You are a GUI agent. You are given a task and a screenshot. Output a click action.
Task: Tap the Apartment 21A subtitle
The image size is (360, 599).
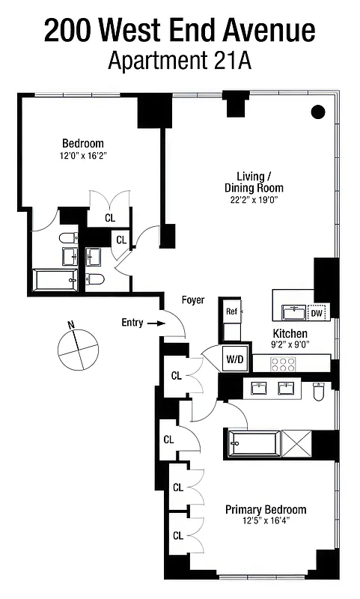[x=180, y=61]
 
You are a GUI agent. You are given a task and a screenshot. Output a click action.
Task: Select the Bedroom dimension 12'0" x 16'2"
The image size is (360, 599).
[x=82, y=156]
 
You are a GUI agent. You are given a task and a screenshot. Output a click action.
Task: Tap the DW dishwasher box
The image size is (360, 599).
[x=319, y=312]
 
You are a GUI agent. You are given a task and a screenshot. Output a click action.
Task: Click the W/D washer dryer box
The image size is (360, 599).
[x=234, y=359]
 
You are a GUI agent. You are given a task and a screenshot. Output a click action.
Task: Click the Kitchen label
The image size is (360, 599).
[x=290, y=332]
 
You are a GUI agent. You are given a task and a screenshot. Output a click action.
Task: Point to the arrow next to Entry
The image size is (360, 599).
[x=155, y=323]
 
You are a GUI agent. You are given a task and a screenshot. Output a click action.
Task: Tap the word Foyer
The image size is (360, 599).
[x=193, y=300]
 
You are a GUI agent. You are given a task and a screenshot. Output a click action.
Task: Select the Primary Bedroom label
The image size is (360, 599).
[x=266, y=510]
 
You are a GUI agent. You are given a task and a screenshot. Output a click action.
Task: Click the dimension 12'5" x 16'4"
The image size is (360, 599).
[x=266, y=521]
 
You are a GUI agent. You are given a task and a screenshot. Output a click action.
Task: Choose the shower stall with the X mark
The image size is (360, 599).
[x=297, y=443]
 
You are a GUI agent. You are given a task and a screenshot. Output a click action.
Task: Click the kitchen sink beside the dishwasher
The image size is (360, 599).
[x=293, y=311]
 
